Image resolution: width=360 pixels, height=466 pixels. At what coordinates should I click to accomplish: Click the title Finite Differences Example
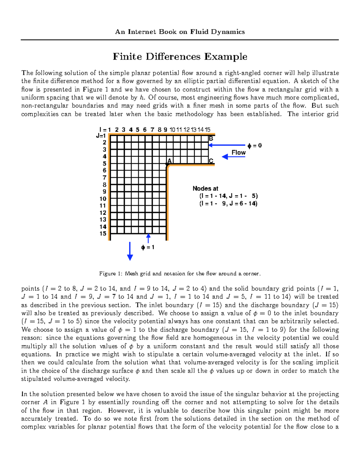[x=180, y=56]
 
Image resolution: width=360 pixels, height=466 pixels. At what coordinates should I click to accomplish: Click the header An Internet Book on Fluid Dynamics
[x=180, y=32]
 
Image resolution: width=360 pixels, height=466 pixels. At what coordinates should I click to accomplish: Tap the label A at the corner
[x=169, y=161]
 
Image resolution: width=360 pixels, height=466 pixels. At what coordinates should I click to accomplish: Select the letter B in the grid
[x=211, y=139]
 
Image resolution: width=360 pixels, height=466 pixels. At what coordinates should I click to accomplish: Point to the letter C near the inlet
[x=211, y=161]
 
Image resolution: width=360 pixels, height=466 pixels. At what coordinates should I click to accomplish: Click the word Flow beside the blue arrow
[x=238, y=152]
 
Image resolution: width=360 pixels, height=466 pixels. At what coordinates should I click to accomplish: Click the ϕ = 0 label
[x=254, y=146]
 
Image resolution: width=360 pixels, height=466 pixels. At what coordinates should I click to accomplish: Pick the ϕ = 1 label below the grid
[x=148, y=248]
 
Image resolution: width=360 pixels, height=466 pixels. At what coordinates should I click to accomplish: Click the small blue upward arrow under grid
[x=148, y=238]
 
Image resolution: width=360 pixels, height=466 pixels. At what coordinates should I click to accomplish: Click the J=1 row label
[x=101, y=136]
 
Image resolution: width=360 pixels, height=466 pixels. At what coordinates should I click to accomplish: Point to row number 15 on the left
[x=103, y=233]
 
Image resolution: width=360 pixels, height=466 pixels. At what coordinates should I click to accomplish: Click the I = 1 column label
[x=105, y=130]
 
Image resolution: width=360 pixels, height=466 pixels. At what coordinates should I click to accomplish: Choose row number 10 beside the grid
[x=103, y=199]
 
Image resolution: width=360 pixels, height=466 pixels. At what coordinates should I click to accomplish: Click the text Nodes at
[x=205, y=188]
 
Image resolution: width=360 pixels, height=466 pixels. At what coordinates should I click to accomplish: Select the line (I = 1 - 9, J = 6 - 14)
[x=228, y=203]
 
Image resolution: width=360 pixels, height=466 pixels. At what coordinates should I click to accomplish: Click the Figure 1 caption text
[x=180, y=274]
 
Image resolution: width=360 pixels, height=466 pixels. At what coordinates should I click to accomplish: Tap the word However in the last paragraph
[x=119, y=410]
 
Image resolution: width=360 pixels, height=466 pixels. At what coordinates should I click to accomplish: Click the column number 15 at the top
[x=207, y=130]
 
